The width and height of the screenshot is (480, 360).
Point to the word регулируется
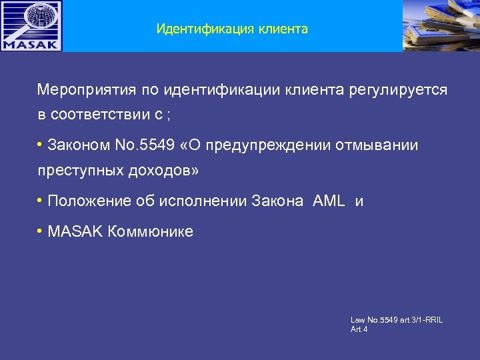[398, 89]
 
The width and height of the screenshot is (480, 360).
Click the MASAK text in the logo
[31, 45]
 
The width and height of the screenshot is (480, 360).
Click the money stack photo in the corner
[441, 25]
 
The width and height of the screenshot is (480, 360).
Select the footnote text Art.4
[359, 329]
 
